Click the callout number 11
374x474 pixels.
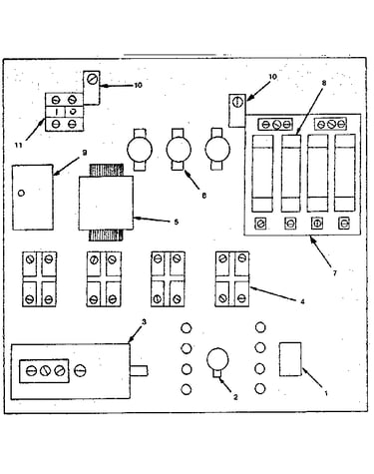[19, 146]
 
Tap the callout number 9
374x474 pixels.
[85, 153]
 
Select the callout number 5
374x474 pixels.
[177, 222]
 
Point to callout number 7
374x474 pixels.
[335, 273]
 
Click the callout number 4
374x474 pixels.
[302, 301]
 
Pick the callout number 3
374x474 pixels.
[144, 321]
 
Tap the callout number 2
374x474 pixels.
[235, 397]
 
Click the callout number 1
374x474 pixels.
[326, 393]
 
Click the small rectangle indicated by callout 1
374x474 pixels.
[290, 359]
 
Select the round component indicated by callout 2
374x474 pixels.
[217, 359]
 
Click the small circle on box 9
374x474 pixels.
[21, 193]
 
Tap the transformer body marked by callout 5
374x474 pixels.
[106, 203]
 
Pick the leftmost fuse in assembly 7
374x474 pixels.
[262, 173]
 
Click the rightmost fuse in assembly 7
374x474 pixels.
[345, 173]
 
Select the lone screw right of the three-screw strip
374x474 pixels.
[80, 370]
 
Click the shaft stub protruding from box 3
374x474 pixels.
[139, 371]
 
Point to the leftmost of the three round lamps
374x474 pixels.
[140, 150]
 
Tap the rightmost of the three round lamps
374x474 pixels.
[217, 149]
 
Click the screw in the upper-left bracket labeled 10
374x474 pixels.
[91, 80]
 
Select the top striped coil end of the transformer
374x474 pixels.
[106, 170]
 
